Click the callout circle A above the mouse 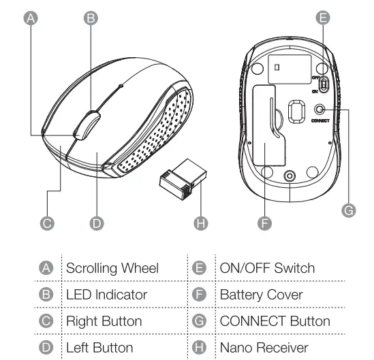[x=29, y=18]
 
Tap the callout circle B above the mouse [x=89, y=18]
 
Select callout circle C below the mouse [x=47, y=223]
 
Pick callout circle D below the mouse [x=97, y=223]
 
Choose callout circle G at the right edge [x=348, y=211]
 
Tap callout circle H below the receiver [x=200, y=223]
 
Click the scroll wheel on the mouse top [x=85, y=126]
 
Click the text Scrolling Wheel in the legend [x=112, y=268]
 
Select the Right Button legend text [x=104, y=321]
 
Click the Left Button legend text [x=99, y=348]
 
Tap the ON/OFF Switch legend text [x=267, y=268]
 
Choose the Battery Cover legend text [x=261, y=295]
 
